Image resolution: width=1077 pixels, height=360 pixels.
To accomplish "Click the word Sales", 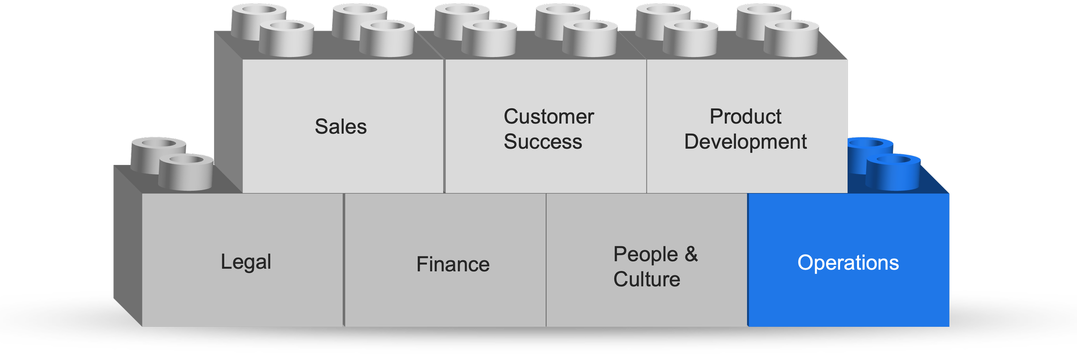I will pos(340,127).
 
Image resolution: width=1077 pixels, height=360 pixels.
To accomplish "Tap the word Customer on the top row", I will pos(548,117).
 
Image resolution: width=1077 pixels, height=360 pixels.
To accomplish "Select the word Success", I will pos(542,142).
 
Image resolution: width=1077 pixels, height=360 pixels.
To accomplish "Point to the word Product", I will pos(745,117).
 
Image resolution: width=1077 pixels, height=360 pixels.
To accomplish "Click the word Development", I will pos(745,142).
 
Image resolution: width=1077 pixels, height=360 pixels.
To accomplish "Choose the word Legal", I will pos(246,262).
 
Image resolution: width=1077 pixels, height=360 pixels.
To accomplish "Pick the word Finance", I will pos(453,264).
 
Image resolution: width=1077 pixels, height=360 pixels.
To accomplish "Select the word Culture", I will pos(647,279).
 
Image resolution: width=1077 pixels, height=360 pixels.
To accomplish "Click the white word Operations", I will pos(848,263).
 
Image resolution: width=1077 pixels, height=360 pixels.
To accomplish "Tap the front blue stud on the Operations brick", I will pos(893,172).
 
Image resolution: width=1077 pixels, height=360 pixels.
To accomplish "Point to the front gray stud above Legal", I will pos(186,172).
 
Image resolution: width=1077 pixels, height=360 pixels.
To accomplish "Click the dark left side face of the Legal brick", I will pos(128,245).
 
